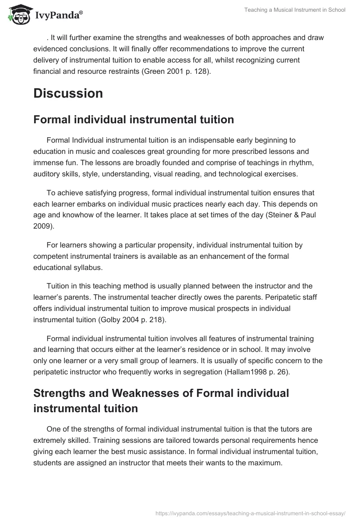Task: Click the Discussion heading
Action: pos(68,94)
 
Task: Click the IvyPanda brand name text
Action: pos(59,16)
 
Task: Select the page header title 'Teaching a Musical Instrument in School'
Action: pos(295,10)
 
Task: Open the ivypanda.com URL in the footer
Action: pos(250,513)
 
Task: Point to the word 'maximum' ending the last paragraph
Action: pos(266,462)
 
